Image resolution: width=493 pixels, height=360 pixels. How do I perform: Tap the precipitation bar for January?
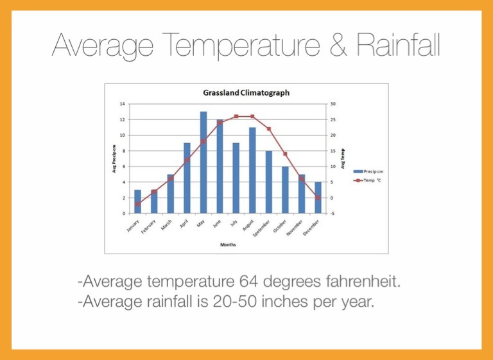coord(137,201)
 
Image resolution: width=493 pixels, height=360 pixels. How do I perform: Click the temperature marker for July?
coord(236,116)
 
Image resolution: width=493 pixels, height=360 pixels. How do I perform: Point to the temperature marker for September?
coord(269,129)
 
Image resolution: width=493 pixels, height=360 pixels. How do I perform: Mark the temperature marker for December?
coord(318,197)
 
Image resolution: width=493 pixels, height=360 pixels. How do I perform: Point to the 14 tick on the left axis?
coord(121,104)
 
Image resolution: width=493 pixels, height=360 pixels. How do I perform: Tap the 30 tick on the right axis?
coord(333,104)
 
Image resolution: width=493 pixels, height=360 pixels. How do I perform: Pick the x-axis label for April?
coord(184,225)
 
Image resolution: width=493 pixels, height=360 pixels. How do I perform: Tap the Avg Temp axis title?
coord(342,159)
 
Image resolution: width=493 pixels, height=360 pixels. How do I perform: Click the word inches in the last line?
coord(267,300)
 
